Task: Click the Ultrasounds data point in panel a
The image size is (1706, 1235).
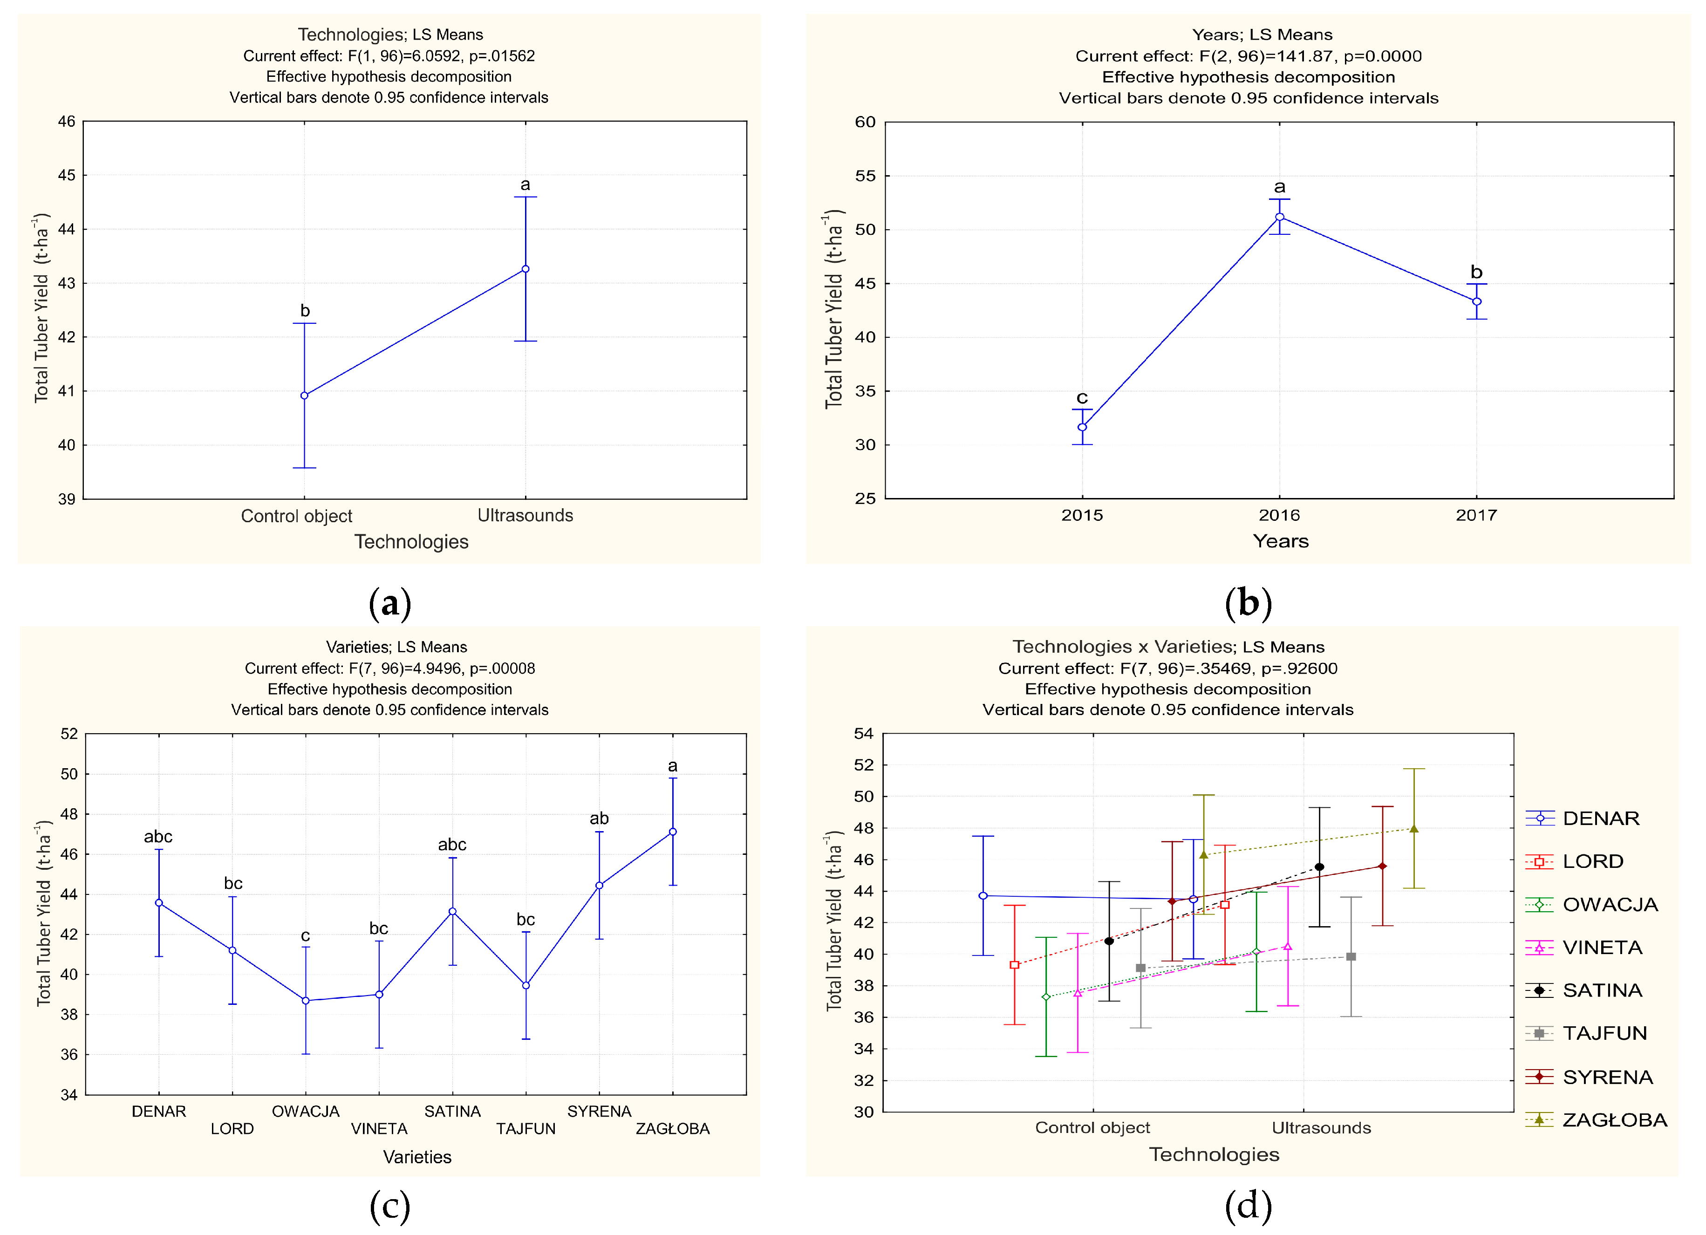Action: coord(525,268)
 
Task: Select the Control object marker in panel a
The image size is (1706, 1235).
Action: coord(304,395)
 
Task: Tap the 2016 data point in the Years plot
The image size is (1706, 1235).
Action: coord(1279,217)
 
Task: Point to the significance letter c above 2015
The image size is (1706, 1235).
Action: coord(1082,397)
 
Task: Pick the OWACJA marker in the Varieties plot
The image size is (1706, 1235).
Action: coord(306,1000)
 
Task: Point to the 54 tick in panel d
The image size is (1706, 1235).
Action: coord(864,733)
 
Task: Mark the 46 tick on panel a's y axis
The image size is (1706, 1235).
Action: coord(66,121)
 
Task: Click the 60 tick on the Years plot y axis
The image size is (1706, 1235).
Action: coord(865,122)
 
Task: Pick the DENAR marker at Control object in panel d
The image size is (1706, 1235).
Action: coord(983,896)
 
